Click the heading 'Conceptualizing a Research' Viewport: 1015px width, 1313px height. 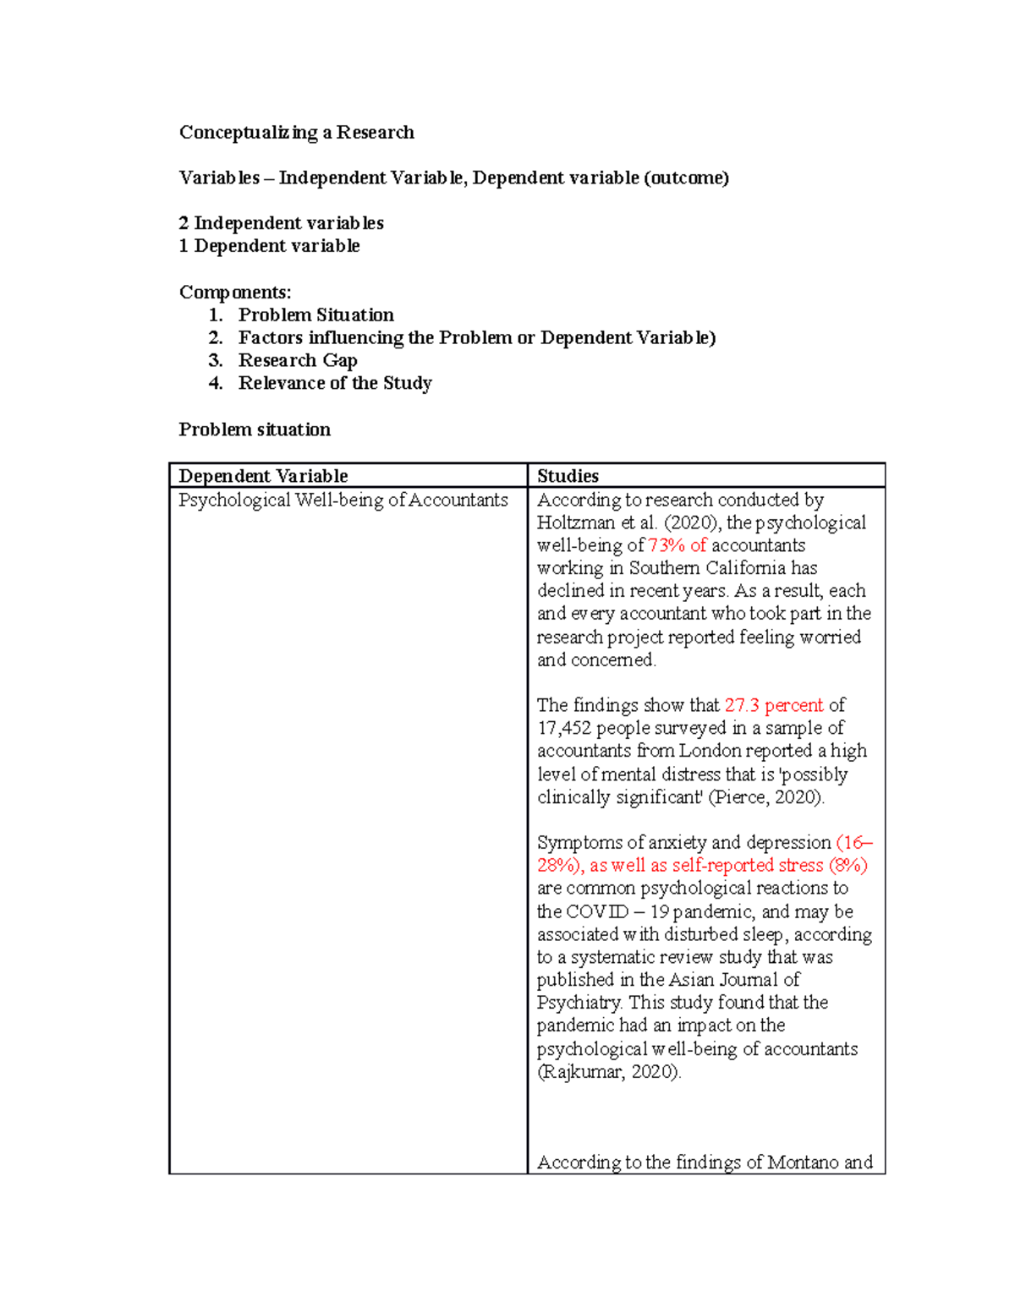[296, 132]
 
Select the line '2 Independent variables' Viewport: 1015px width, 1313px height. [281, 223]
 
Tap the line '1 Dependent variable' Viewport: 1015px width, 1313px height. [269, 246]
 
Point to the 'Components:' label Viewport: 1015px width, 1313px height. [235, 293]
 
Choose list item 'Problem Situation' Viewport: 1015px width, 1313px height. [315, 315]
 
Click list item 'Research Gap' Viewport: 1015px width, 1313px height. [298, 361]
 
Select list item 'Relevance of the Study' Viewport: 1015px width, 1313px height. [335, 384]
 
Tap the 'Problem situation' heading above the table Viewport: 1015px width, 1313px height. [255, 429]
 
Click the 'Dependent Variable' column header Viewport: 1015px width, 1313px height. [263, 476]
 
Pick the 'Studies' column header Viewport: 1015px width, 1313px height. [568, 476]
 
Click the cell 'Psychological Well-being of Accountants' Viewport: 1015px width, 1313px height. [343, 501]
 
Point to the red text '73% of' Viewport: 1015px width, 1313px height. [677, 546]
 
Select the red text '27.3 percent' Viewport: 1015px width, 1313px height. [773, 705]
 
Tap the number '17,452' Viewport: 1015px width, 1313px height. [563, 728]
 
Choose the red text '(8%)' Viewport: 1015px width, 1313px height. [848, 866]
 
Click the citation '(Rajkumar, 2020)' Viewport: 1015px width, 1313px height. [609, 1072]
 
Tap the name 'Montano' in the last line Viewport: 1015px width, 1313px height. [802, 1163]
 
